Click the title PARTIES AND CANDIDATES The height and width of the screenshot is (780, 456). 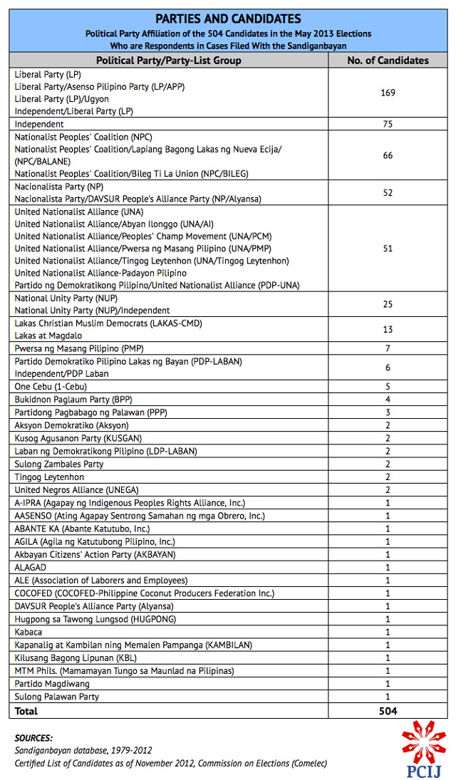click(229, 19)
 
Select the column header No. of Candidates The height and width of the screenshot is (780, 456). click(388, 61)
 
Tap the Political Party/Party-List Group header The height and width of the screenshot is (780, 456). click(169, 61)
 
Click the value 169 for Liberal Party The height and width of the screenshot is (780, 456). click(388, 93)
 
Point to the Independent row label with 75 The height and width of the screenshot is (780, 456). click(39, 124)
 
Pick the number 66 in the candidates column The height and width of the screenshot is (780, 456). click(388, 155)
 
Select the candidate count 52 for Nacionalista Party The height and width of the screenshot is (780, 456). click(388, 193)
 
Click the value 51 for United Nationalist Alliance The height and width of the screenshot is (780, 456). click(388, 248)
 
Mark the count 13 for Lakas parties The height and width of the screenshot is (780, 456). click(388, 329)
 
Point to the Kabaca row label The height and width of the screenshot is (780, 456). click(28, 632)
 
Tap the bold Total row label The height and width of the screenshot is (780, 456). click(26, 711)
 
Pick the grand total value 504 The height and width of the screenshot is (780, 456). click(388, 711)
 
